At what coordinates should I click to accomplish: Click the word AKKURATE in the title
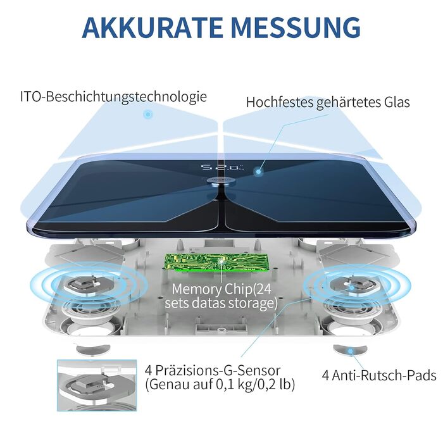(x=151, y=27)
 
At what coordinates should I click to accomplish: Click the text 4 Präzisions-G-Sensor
(x=212, y=370)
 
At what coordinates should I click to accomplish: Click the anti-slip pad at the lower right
(x=345, y=349)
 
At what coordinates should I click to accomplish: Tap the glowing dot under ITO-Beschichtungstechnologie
(x=147, y=115)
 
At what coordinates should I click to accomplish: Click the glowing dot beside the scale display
(x=259, y=171)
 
